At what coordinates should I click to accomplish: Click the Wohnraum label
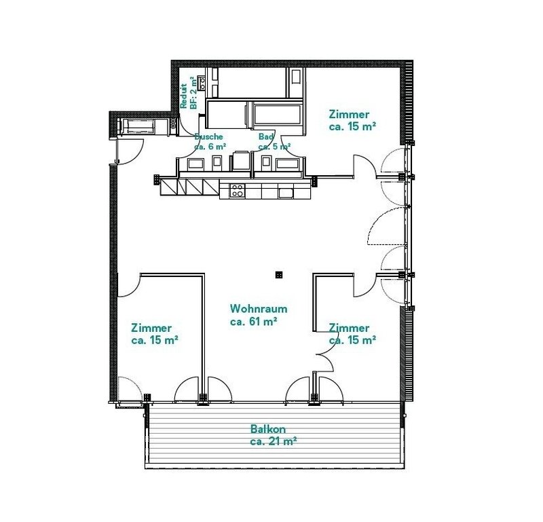[x=259, y=308]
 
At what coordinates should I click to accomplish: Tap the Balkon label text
[x=268, y=429]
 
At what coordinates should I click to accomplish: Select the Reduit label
[x=183, y=96]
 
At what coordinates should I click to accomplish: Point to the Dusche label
[x=208, y=137]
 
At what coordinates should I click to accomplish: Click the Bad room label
[x=266, y=137]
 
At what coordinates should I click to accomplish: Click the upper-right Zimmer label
[x=349, y=114]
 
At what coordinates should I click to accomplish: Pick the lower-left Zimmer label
[x=151, y=328]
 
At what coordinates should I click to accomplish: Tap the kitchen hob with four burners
[x=237, y=191]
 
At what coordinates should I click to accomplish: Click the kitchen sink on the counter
[x=286, y=193]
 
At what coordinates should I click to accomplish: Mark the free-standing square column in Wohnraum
[x=279, y=275]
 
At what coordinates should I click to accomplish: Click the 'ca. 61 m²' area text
[x=253, y=322]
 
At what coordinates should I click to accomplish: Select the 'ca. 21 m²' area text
[x=274, y=442]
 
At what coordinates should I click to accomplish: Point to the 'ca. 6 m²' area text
[x=210, y=147]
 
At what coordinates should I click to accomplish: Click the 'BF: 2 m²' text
[x=194, y=93]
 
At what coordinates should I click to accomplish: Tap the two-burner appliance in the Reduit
[x=202, y=81]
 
